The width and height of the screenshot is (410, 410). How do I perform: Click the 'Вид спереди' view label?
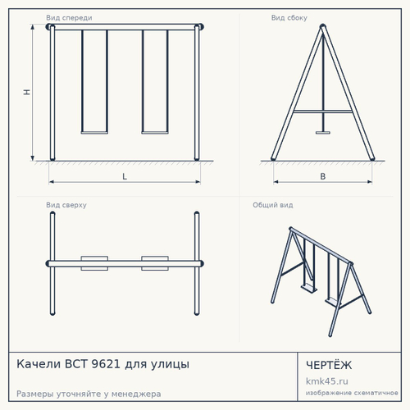click(69, 18)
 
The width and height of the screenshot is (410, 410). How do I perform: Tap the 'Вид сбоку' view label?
click(289, 18)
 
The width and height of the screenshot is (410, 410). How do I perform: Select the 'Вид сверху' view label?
click(66, 205)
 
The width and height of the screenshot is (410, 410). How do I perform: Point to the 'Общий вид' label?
click(273, 205)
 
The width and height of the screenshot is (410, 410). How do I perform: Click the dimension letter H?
click(27, 92)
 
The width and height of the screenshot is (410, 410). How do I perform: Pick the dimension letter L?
click(125, 176)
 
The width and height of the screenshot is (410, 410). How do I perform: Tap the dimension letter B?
click(323, 176)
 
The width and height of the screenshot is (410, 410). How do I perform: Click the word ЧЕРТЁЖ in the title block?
click(329, 365)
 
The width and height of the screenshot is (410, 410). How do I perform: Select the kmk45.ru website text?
click(327, 381)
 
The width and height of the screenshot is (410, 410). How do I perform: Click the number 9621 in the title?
click(106, 364)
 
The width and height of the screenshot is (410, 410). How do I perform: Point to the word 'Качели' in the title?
click(39, 364)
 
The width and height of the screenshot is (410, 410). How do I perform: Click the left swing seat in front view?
click(94, 133)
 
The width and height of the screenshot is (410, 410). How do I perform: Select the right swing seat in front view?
click(155, 133)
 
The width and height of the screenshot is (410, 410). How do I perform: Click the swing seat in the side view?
click(323, 133)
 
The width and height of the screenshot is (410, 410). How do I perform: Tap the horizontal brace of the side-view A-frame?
click(323, 112)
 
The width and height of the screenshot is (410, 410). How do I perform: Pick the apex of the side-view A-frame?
click(323, 25)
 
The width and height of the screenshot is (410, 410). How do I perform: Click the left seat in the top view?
click(94, 263)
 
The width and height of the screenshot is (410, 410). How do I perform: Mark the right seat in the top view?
click(155, 263)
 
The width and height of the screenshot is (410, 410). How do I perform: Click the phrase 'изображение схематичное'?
click(352, 393)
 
